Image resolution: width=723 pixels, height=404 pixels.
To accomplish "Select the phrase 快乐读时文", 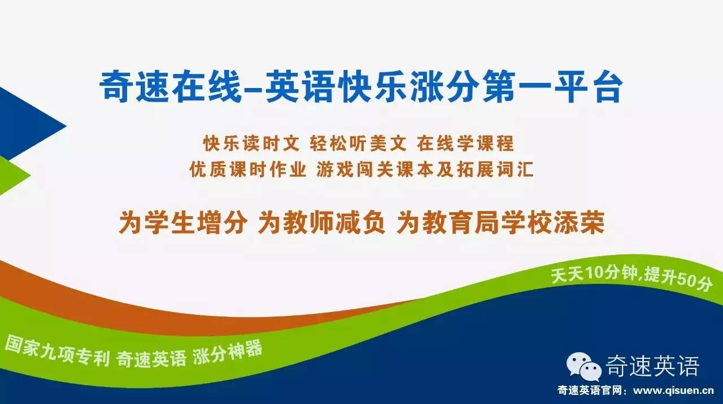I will pos(250,144).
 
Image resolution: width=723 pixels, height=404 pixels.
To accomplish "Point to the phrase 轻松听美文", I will pos(358,144).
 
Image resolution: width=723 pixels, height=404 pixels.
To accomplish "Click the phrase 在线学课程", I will pos(466,144).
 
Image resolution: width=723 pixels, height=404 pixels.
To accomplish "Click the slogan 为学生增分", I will pos(182,223).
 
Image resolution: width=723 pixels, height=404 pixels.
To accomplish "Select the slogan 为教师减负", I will pos(321,223).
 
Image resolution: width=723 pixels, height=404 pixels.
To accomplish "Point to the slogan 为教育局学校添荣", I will pos(500,223).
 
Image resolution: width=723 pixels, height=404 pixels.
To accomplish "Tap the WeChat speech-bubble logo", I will pos(585,367).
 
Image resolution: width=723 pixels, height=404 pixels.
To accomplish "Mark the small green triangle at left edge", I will pos(11,175).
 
